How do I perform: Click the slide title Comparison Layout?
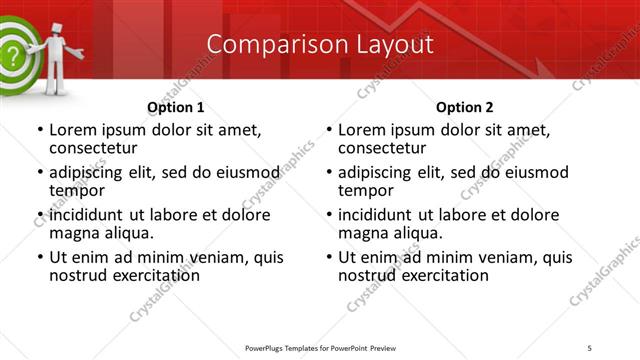[x=320, y=44]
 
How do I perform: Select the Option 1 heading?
[x=175, y=107]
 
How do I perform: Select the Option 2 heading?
[x=464, y=107]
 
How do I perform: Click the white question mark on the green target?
[x=11, y=55]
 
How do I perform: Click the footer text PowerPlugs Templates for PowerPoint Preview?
[x=317, y=348]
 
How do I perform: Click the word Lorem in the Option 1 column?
[x=73, y=130]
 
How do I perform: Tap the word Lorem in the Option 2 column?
[x=362, y=130]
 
